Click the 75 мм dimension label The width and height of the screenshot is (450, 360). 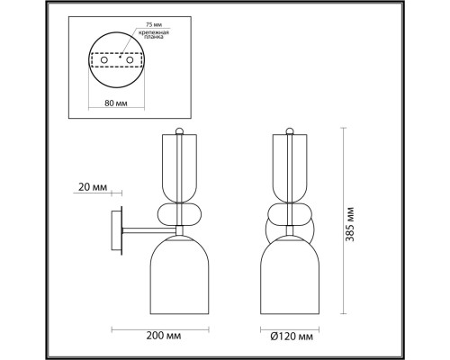click(154, 24)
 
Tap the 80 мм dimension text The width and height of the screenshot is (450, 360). click(116, 103)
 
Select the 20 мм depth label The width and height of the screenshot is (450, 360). click(93, 187)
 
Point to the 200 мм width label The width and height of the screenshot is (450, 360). click(164, 336)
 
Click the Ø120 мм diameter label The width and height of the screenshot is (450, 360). click(292, 337)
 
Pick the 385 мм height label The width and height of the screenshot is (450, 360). click(350, 224)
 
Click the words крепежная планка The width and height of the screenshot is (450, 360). click(154, 34)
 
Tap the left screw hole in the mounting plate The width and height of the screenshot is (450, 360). click(104, 60)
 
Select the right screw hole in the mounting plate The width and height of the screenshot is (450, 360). click(130, 60)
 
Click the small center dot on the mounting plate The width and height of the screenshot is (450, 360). click(120, 57)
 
